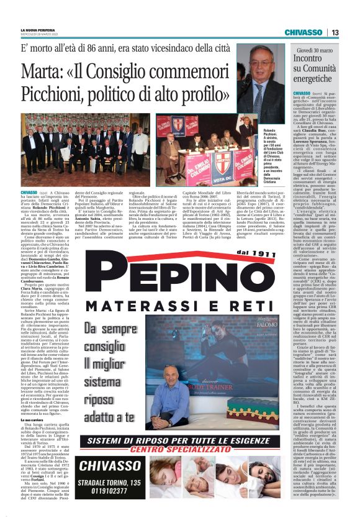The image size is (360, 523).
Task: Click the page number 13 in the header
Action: [335, 32]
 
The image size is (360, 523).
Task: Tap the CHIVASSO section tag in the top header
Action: [304, 32]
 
